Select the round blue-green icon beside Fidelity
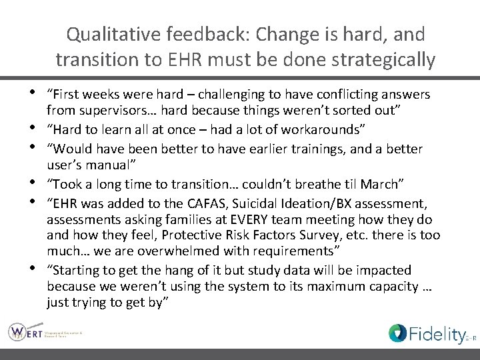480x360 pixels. coord(398,333)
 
